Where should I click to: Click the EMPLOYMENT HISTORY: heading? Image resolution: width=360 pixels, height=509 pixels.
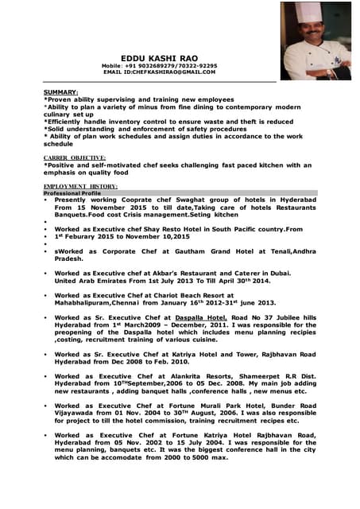click(80, 186)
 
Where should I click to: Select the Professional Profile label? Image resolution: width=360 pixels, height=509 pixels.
click(72, 193)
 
